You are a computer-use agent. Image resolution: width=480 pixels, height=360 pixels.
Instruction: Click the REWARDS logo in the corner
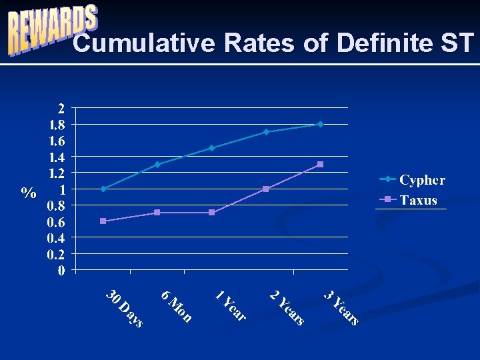[53, 30]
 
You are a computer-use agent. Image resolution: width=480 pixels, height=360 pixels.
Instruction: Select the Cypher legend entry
[412, 180]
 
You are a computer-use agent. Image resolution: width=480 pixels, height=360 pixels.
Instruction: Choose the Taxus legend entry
[408, 200]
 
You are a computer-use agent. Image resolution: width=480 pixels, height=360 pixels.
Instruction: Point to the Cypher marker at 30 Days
[103, 189]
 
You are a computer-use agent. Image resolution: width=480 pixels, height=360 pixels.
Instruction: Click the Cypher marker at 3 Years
[321, 124]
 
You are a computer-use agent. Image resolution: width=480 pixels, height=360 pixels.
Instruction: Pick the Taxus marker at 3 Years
[321, 165]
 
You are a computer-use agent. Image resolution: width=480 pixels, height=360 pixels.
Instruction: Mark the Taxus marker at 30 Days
[103, 221]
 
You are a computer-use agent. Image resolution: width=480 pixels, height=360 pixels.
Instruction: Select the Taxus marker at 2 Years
[266, 189]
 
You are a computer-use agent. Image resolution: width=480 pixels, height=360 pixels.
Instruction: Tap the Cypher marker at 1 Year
[211, 148]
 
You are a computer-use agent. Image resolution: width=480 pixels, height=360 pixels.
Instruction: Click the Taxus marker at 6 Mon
[157, 213]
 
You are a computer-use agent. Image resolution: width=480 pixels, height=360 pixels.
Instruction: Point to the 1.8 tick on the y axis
[56, 125]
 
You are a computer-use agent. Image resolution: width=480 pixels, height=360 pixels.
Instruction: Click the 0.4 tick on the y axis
[56, 237]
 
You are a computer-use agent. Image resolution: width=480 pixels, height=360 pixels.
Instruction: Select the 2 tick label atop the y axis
[61, 109]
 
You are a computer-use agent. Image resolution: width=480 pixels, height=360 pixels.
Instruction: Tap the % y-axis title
[29, 193]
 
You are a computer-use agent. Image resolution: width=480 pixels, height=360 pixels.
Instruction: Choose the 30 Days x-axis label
[124, 309]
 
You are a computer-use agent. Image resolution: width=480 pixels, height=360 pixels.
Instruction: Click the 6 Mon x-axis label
[177, 307]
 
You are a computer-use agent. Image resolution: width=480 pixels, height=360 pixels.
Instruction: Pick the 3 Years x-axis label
[341, 308]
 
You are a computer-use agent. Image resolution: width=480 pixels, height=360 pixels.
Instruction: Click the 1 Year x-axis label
[231, 305]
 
